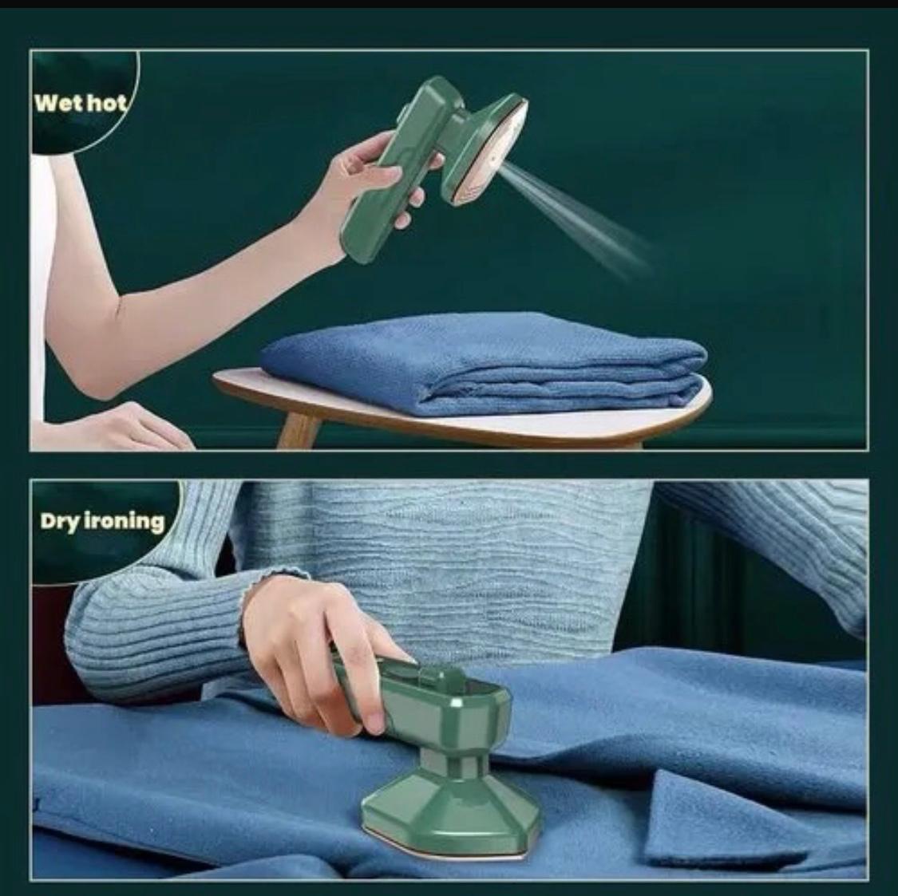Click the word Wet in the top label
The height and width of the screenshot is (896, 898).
click(x=58, y=103)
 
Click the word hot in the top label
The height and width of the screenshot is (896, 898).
click(x=106, y=103)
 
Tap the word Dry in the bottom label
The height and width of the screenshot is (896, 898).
click(x=57, y=522)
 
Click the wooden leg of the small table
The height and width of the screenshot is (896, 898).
click(x=299, y=431)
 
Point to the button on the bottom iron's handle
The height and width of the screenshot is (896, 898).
click(x=435, y=678)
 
